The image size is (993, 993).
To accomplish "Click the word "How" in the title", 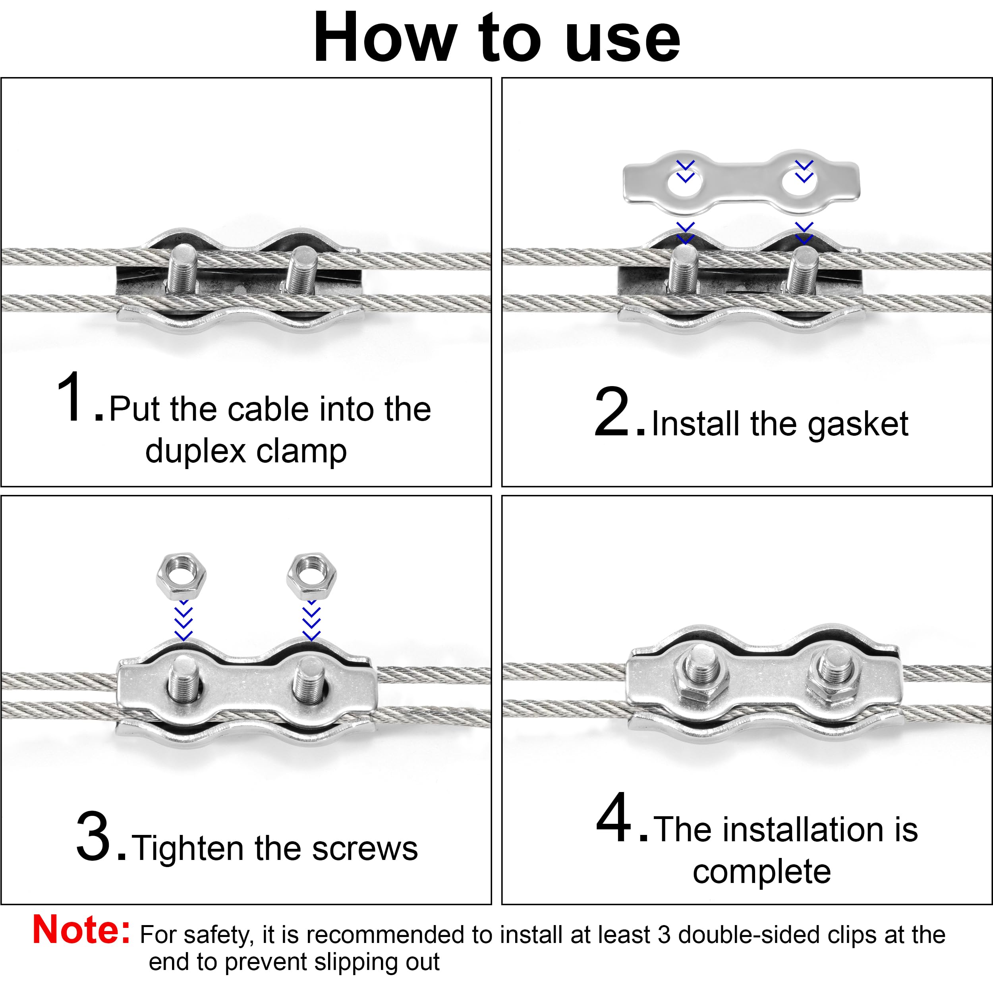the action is point(385,38).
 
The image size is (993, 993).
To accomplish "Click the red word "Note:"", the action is point(81,930).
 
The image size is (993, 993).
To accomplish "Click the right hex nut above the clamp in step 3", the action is point(311,577).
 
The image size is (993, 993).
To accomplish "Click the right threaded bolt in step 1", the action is point(301,269).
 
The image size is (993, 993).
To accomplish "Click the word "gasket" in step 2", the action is point(858,425).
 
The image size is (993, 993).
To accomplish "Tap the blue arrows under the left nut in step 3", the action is point(184,622).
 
